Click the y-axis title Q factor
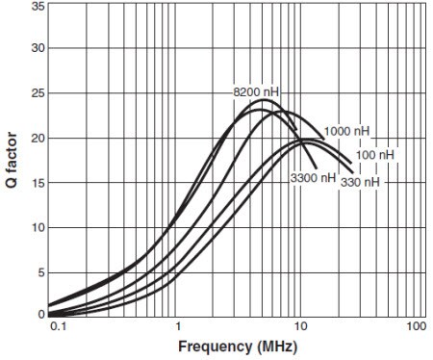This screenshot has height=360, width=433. click(13, 160)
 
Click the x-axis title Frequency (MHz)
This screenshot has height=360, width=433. click(238, 346)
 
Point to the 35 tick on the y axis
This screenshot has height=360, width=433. click(38, 6)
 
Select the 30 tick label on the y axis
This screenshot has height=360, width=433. click(38, 49)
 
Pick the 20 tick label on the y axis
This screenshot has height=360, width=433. click(38, 139)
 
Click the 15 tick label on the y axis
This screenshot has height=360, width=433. click(38, 183)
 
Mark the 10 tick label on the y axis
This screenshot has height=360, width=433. click(38, 228)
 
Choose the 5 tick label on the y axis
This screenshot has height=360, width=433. click(41, 272)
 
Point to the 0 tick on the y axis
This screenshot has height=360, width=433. click(41, 314)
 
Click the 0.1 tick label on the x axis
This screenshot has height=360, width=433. click(57, 327)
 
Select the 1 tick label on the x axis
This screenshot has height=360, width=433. click(177, 327)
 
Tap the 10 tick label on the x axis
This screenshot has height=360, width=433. click(298, 327)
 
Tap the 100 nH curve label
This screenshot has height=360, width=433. click(373, 154)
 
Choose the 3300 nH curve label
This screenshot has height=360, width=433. click(313, 178)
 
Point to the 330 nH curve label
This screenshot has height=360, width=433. click(359, 182)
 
